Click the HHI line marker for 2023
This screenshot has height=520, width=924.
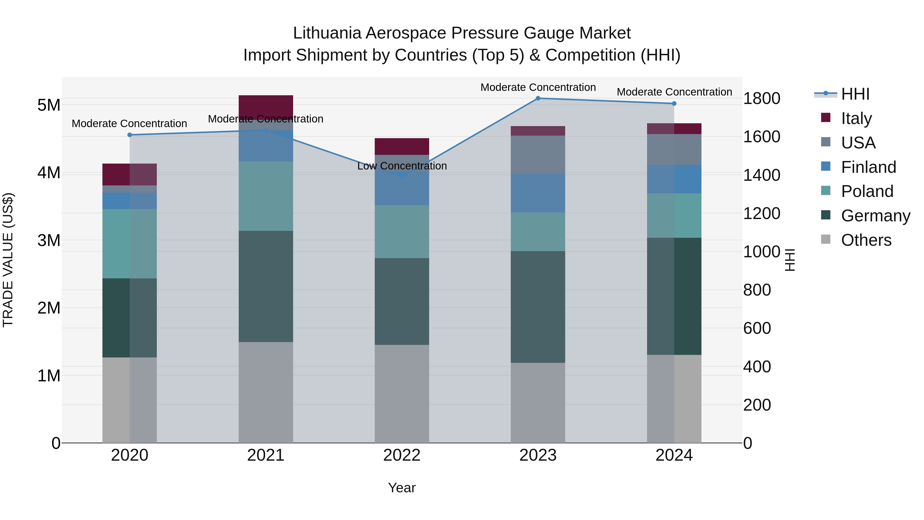[538, 98]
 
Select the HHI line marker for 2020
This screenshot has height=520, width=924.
[130, 135]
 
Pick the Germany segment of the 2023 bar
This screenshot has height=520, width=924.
[538, 307]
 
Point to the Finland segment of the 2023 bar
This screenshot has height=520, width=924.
[538, 193]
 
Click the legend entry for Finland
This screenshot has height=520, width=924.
[868, 167]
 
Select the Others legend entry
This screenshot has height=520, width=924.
[866, 240]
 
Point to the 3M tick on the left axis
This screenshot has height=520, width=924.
[49, 240]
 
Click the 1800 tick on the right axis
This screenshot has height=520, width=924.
[761, 98]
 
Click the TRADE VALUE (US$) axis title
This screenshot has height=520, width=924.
[8, 260]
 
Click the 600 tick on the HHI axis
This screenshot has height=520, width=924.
[757, 328]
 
